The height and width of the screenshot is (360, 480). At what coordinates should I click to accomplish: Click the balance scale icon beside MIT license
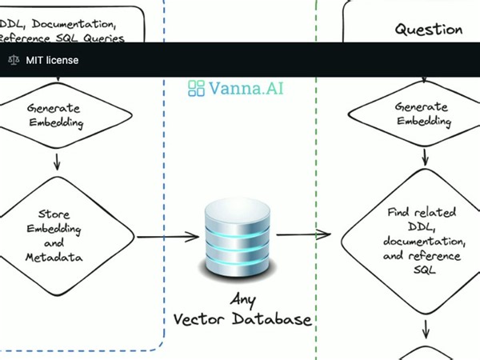13,60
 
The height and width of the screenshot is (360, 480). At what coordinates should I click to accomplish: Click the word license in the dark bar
62,60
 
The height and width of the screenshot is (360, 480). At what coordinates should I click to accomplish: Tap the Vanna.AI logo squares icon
197,88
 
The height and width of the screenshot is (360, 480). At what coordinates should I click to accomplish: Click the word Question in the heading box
428,30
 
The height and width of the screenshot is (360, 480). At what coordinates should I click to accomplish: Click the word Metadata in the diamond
54,257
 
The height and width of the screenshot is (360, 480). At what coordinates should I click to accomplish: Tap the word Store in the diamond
54,214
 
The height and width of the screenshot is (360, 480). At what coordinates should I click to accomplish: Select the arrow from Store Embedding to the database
168,236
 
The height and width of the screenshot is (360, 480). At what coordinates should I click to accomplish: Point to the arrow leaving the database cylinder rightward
303,234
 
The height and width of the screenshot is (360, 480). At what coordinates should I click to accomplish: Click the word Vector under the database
204,320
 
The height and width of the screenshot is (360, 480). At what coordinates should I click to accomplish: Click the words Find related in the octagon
422,213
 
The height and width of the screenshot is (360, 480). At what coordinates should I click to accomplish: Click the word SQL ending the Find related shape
423,270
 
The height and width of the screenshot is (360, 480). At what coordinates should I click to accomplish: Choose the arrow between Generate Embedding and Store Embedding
57,160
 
